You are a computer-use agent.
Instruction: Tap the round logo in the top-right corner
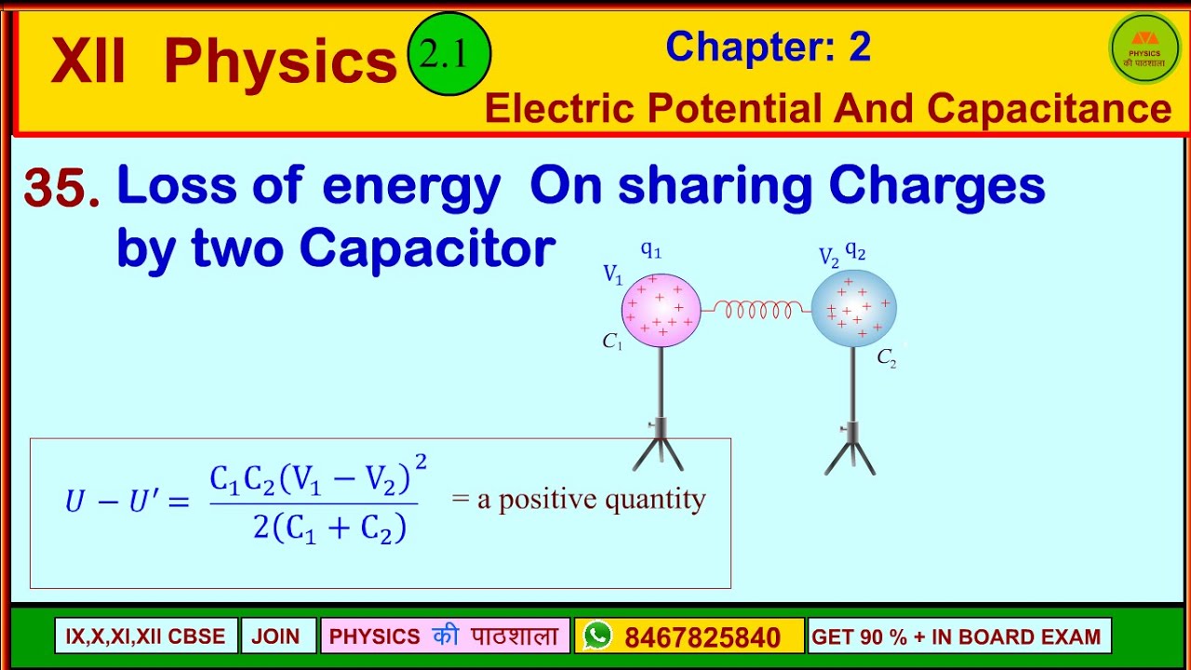click(x=1144, y=48)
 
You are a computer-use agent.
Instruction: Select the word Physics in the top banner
click(x=280, y=63)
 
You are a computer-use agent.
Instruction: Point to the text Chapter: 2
click(x=768, y=47)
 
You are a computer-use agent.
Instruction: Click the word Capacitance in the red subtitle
click(x=1049, y=109)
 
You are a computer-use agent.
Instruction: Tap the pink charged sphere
click(x=661, y=308)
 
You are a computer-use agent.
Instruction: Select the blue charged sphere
click(x=853, y=309)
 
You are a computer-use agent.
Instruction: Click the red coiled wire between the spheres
click(x=756, y=309)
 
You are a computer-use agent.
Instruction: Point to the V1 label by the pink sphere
click(x=612, y=274)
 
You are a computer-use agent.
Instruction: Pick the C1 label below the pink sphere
click(x=611, y=342)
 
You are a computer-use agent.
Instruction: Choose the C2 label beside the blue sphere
click(x=887, y=358)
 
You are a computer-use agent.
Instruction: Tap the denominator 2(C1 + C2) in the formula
click(x=329, y=529)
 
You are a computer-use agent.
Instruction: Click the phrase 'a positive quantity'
click(x=591, y=500)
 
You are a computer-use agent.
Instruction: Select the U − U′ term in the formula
click(x=127, y=502)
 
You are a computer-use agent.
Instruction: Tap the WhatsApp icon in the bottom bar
click(x=597, y=636)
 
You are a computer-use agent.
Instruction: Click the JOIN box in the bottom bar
click(x=276, y=636)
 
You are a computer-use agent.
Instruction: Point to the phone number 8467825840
click(x=703, y=637)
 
